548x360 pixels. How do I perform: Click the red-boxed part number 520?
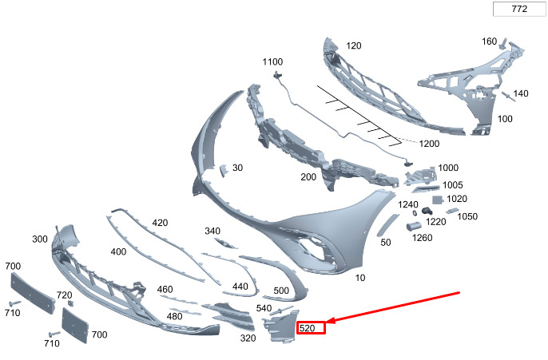coord(311,327)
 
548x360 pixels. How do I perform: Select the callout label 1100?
coord(273,61)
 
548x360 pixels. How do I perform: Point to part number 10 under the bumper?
coord(360,277)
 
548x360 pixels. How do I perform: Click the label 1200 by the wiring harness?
coord(429,144)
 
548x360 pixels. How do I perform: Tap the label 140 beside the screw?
coord(520,93)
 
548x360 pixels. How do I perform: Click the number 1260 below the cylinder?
coord(422,237)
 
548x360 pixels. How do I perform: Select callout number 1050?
coord(467,216)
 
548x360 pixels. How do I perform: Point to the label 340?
coord(212,231)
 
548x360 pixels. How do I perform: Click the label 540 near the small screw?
coord(264,308)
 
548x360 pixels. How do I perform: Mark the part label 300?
coord(41,239)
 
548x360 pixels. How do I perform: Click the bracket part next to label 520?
coord(280,326)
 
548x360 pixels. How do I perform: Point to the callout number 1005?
coord(452,184)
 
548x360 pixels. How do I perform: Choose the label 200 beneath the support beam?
coord(308,176)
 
